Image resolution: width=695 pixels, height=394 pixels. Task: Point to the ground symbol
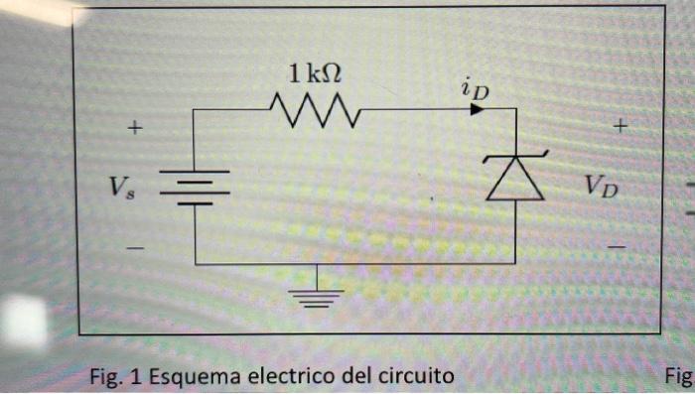point(316,295)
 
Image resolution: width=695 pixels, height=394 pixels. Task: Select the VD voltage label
point(600,184)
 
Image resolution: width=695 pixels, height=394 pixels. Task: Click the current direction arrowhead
point(478,109)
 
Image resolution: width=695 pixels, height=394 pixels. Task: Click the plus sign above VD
point(622,126)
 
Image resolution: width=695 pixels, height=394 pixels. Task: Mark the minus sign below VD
point(618,245)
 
